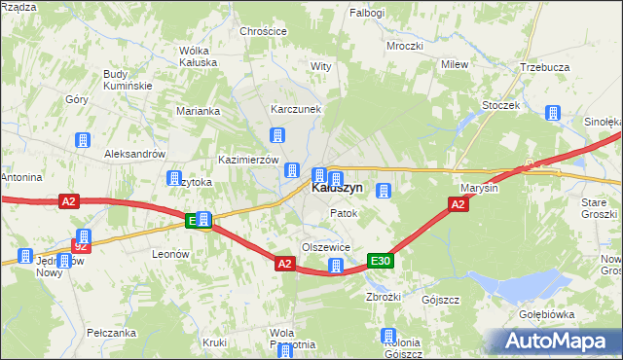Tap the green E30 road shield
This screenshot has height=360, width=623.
380,260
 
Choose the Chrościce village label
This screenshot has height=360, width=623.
263,31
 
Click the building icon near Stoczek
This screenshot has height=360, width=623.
551,114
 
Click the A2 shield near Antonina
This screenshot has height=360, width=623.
67,201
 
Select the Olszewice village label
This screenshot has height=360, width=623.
326,247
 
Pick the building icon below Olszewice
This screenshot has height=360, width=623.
336,266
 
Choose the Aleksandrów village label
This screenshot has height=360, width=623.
135,155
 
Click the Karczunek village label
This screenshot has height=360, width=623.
296,109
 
